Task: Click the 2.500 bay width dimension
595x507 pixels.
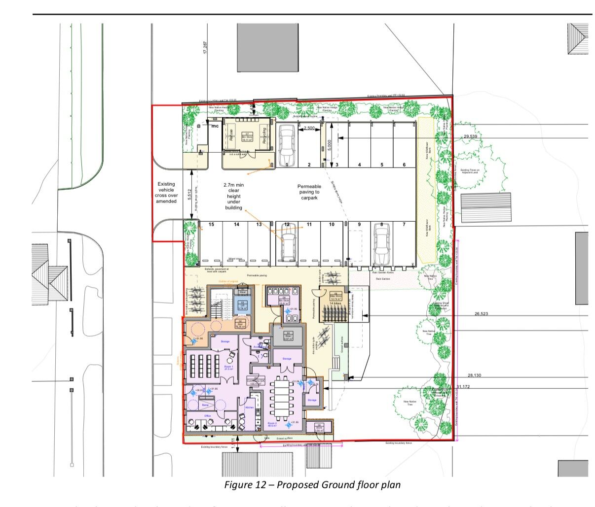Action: point(309,128)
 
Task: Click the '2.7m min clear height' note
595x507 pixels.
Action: point(234,196)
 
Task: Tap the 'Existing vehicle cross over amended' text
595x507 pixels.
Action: point(166,193)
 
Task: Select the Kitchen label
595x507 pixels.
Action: point(250,408)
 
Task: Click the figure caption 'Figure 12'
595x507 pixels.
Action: point(312,485)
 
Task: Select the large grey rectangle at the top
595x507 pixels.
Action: point(268,48)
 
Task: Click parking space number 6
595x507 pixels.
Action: point(404,165)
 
